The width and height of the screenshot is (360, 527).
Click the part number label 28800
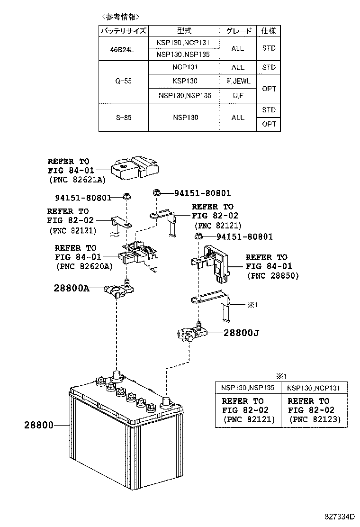click(38, 425)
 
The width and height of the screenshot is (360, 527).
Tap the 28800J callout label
click(241, 333)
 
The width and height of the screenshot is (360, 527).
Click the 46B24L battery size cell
click(123, 49)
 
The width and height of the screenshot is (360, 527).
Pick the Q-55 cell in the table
click(123, 81)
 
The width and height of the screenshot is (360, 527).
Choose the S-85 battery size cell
click(123, 117)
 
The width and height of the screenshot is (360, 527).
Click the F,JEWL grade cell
click(238, 81)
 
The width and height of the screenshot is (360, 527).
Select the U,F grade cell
click(238, 96)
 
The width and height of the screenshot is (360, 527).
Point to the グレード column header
click(238, 31)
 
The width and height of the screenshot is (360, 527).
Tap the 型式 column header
click(184, 31)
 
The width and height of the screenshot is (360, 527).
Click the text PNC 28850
click(273, 275)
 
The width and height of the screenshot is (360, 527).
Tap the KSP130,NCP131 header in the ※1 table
click(314, 388)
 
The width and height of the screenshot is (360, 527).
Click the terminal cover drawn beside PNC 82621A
click(135, 168)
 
